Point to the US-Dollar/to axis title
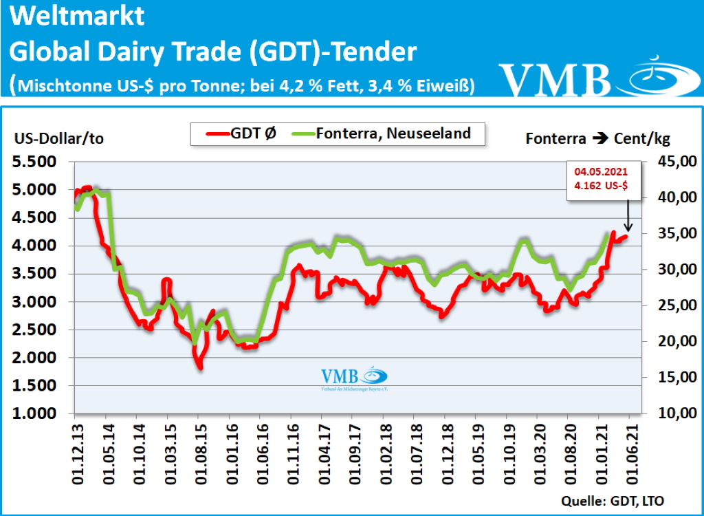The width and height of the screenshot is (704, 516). point(58,138)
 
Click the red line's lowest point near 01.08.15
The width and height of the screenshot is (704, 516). point(199,366)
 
